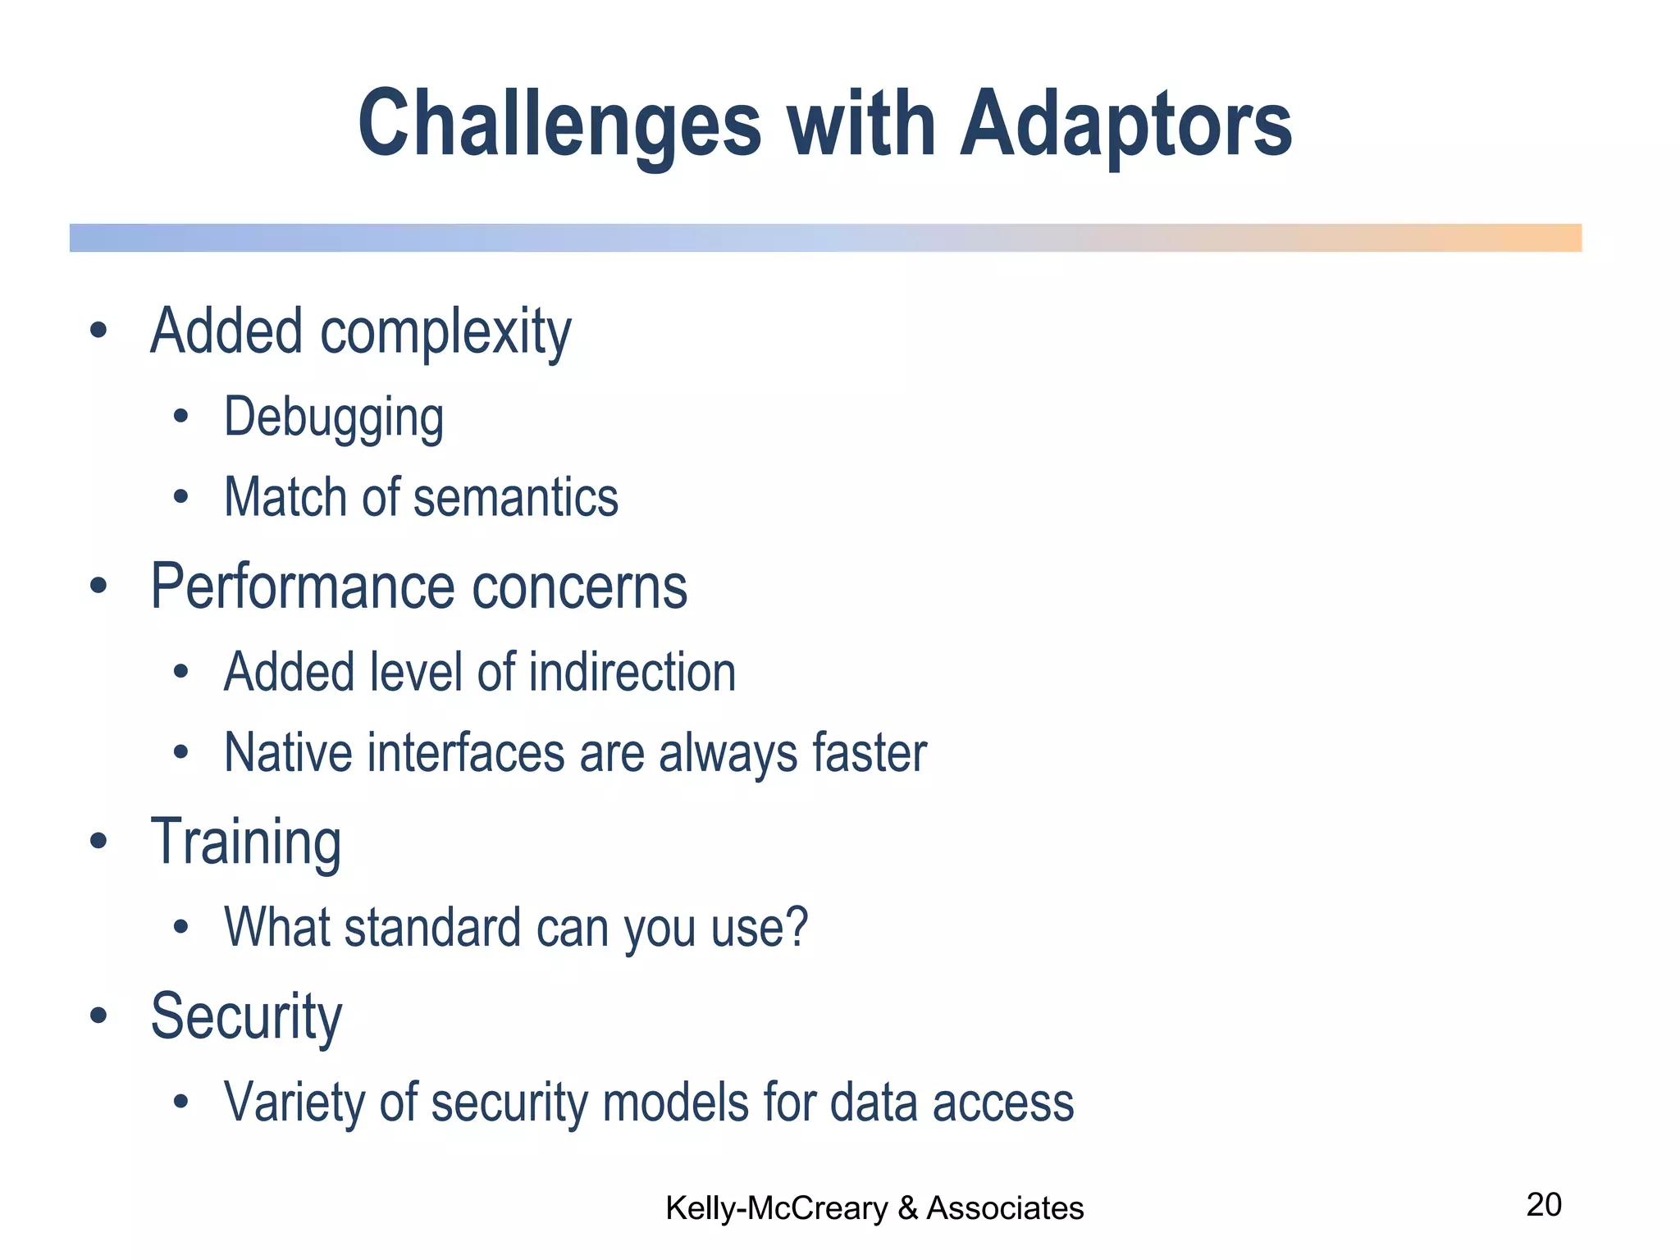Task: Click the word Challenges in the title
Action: coord(559,125)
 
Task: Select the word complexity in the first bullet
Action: coord(445,332)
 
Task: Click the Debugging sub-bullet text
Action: coord(334,418)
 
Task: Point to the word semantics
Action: coord(515,498)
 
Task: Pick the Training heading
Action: coord(246,842)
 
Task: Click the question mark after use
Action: coord(796,928)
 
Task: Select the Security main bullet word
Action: coord(246,1017)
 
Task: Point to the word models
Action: coord(676,1102)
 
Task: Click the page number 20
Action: coord(1543,1205)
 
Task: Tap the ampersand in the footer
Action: coord(907,1208)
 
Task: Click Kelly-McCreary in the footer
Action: coord(776,1208)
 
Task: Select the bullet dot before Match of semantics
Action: coord(181,497)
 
